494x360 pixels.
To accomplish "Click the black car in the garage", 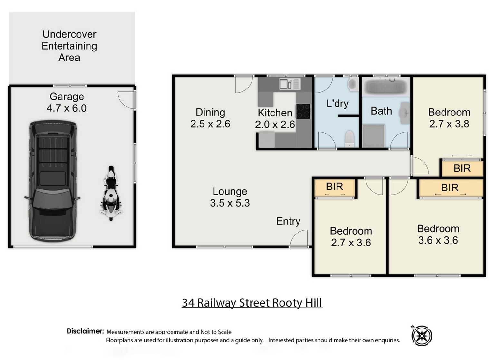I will click(x=52, y=181).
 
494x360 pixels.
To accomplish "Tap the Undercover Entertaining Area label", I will click(x=69, y=46).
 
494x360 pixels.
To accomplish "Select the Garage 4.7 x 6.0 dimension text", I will click(x=67, y=108).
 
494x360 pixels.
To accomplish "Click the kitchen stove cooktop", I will click(x=303, y=111).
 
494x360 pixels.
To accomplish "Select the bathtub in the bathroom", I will click(x=385, y=86).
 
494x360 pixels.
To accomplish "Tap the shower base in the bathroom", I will click(x=374, y=135).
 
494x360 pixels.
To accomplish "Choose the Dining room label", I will click(x=210, y=112).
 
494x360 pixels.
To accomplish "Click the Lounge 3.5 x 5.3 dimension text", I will click(x=230, y=203).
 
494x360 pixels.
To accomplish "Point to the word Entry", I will click(x=288, y=221).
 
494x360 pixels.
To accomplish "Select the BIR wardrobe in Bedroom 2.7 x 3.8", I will click(x=462, y=169).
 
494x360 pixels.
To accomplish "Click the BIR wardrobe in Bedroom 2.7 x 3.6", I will click(x=335, y=187).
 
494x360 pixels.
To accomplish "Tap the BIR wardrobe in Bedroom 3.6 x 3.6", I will click(x=450, y=188).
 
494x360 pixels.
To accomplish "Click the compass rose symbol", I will click(x=422, y=336).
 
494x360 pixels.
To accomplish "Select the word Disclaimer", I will click(x=85, y=331).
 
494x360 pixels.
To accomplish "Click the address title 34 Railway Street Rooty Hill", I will click(x=252, y=303).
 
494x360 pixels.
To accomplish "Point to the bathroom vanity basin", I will click(x=404, y=113).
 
